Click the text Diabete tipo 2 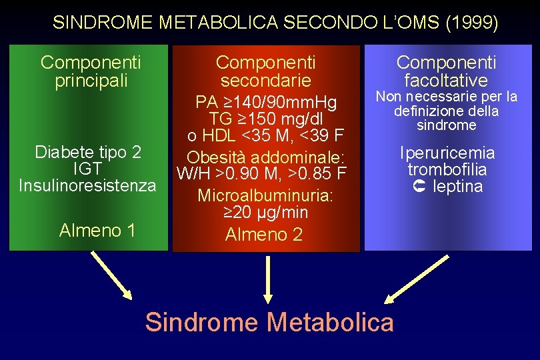(88, 153)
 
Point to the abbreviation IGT (88, 168)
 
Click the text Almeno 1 (97, 231)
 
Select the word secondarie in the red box (265, 81)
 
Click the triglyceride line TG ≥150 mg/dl (265, 119)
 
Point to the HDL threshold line (265, 136)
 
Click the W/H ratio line (261, 175)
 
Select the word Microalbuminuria (265, 197)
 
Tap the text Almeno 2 (264, 235)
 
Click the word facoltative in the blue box (446, 81)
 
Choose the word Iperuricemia (447, 153)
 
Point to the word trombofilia (447, 169)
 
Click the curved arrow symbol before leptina (420, 186)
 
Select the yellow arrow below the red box (268, 280)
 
